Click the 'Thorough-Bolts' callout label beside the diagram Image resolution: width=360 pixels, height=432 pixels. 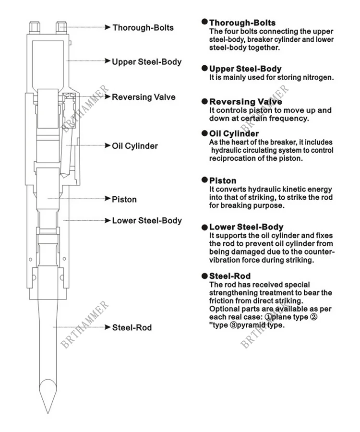click(x=143, y=27)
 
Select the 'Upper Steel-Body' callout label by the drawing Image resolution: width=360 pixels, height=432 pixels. click(x=146, y=61)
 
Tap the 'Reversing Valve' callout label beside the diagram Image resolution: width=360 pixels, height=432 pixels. click(x=144, y=97)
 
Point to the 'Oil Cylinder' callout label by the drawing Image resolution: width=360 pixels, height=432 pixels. click(x=134, y=145)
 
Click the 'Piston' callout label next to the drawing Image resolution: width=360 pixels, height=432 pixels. click(x=124, y=199)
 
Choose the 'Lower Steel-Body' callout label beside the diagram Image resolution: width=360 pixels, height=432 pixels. click(x=146, y=220)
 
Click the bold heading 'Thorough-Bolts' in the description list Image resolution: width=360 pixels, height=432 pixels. click(x=242, y=23)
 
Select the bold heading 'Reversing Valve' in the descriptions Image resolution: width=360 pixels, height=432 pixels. click(x=245, y=102)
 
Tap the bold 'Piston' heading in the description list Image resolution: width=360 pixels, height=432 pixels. click(x=223, y=180)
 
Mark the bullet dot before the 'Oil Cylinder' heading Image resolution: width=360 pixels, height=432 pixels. click(x=205, y=133)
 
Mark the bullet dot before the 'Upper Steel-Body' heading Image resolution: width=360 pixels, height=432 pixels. click(x=205, y=69)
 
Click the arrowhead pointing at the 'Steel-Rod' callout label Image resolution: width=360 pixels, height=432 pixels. click(x=108, y=327)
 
